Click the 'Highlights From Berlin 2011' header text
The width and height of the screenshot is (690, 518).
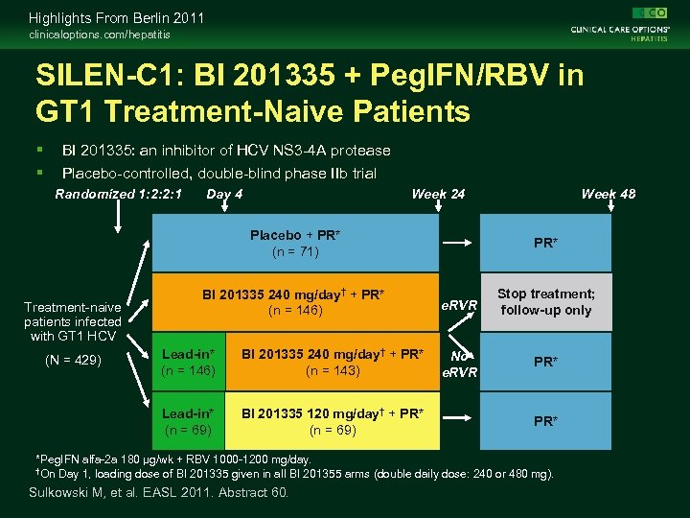[116, 18]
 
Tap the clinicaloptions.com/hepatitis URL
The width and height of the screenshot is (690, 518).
[100, 35]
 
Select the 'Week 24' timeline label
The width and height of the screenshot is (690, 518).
[438, 194]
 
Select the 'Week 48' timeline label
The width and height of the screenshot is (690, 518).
[608, 194]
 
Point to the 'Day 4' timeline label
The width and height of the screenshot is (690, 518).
[224, 194]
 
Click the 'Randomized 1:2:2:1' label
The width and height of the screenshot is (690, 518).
[119, 194]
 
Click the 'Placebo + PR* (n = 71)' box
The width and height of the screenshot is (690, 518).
[295, 244]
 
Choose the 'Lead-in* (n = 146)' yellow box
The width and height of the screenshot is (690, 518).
[189, 362]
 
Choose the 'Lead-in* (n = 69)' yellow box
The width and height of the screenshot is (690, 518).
[189, 421]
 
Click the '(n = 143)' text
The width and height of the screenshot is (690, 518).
[332, 369]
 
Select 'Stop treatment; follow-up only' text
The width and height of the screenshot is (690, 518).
[545, 302]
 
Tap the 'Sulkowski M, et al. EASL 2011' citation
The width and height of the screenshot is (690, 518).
[159, 493]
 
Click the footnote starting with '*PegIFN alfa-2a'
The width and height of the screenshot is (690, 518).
[172, 459]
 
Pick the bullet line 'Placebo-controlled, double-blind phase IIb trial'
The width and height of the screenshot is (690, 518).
[218, 173]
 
